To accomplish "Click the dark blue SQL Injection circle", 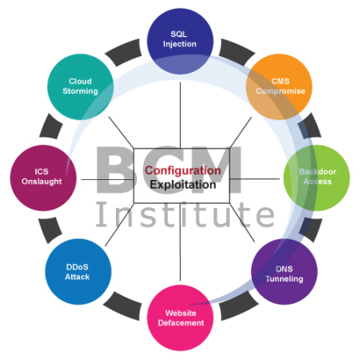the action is pyautogui.click(x=180, y=42).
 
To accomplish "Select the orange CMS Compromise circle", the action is pyautogui.click(x=279, y=87).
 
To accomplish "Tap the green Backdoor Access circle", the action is pyautogui.click(x=317, y=178).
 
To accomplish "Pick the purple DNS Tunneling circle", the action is pyautogui.click(x=284, y=271).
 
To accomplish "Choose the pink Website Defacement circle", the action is pyautogui.click(x=180, y=318).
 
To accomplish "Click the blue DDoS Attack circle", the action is pyautogui.click(x=78, y=271).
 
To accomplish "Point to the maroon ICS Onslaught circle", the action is pyautogui.click(x=43, y=178).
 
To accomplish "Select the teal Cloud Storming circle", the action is pyautogui.click(x=80, y=87).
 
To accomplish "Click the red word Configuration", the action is pyautogui.click(x=183, y=170).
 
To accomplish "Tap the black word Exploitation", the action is pyautogui.click(x=183, y=185).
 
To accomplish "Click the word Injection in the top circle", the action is pyautogui.click(x=180, y=44).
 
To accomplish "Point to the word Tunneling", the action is pyautogui.click(x=284, y=279).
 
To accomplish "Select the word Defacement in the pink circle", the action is pyautogui.click(x=181, y=323).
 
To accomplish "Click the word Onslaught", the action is pyautogui.click(x=42, y=182).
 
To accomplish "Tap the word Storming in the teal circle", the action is pyautogui.click(x=80, y=91).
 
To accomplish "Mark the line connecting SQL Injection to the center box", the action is pyautogui.click(x=180, y=115).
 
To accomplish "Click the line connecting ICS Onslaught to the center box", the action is pyautogui.click(x=107, y=179).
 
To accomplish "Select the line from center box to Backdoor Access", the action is pyautogui.click(x=254, y=178).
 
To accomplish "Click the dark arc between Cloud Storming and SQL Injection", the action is pyautogui.click(x=124, y=52).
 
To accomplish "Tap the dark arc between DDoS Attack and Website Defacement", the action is pyautogui.click(x=122, y=306).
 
